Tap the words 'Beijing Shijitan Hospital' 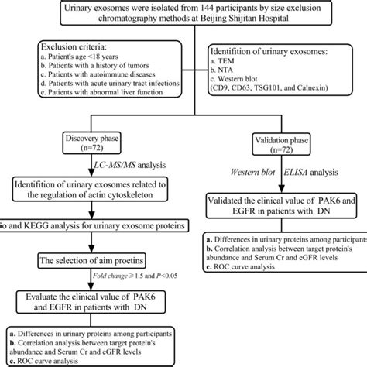coord(232,33)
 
